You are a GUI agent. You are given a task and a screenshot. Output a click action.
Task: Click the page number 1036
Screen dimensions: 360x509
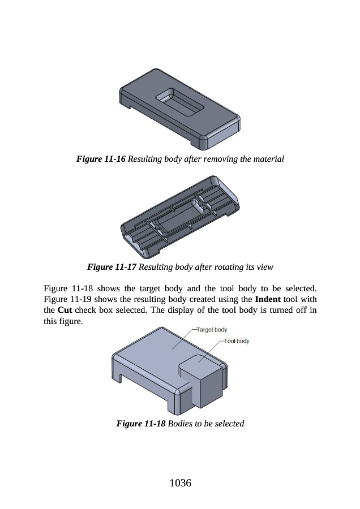pos(181,483)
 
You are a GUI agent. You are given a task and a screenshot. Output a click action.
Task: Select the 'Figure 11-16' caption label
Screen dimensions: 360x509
pos(101,159)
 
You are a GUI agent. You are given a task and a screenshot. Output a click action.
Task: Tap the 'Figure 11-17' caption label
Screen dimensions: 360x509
pos(112,267)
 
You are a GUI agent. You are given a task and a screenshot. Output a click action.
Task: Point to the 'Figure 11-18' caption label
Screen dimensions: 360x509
pos(141,424)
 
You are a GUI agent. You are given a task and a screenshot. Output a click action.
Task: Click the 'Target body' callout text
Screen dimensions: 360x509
pos(212,330)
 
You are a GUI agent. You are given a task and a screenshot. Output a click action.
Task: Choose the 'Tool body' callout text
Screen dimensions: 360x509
pos(237,341)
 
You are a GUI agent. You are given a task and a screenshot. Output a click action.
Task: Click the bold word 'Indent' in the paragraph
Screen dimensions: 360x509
pos(268,299)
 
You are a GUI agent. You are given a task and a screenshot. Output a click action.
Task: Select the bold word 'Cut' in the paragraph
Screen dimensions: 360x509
pos(65,310)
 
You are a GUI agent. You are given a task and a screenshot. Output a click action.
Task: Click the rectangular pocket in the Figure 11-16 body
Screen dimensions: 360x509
pos(179,101)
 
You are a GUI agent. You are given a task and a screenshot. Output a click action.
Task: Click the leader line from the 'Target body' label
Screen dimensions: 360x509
pos(184,339)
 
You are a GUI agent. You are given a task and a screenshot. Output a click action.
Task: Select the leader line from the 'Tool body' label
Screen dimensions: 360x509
pos(212,351)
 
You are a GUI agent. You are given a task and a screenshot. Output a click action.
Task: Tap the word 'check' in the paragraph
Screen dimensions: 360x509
pos(85,310)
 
